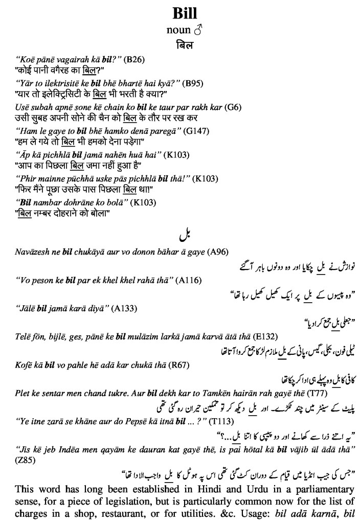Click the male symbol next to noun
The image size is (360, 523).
click(198, 30)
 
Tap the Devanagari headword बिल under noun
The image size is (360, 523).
click(185, 45)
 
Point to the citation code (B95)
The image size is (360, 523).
click(195, 83)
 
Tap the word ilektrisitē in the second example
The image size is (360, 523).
click(60, 83)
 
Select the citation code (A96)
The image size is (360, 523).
click(217, 252)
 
